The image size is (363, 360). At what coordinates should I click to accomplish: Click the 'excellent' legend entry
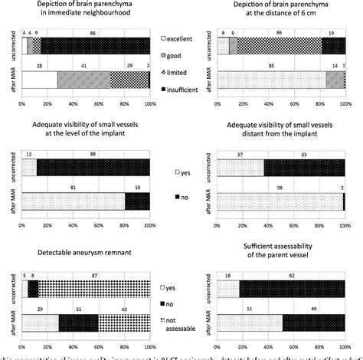(x=179, y=38)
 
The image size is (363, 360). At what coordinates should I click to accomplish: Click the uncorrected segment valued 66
(x=279, y=46)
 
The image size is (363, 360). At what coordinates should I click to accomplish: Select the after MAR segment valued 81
(x=74, y=201)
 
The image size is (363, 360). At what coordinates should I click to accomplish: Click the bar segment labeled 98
(x=280, y=201)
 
